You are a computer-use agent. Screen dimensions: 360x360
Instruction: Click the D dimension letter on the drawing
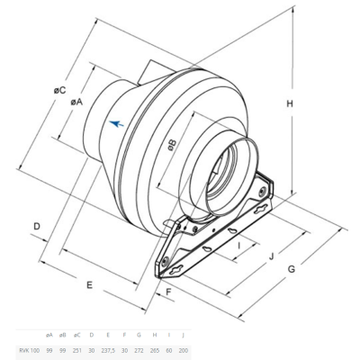[x=39, y=226]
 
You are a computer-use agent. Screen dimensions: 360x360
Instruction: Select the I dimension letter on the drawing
[x=238, y=244]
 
